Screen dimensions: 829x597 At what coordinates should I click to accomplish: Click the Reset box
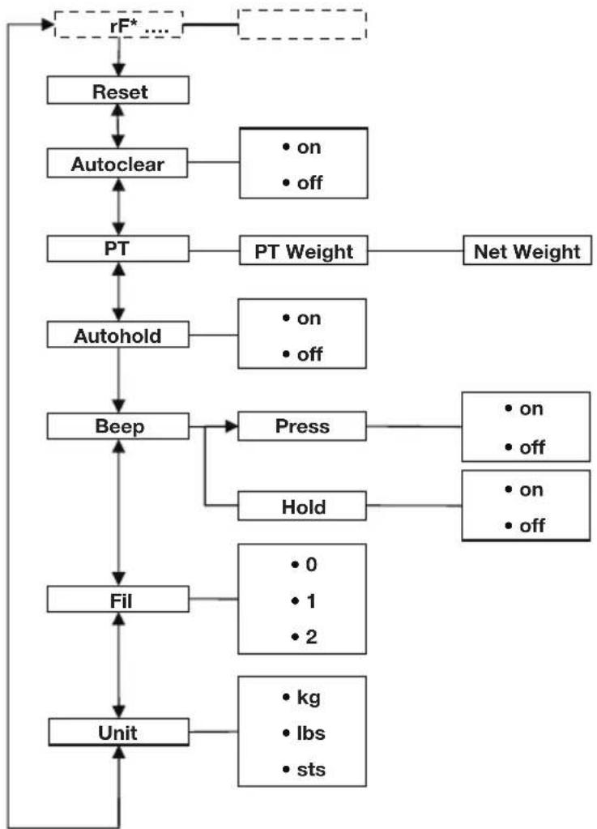pyautogui.click(x=118, y=91)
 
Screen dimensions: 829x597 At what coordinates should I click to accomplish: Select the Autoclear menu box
pyautogui.click(x=118, y=165)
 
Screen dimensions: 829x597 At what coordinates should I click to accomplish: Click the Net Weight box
pyautogui.click(x=527, y=251)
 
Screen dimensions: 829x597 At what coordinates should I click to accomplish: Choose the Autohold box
pyautogui.click(x=118, y=335)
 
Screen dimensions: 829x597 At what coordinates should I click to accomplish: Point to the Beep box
pyautogui.click(x=118, y=426)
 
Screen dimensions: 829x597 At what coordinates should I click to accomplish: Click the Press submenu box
pyautogui.click(x=301, y=426)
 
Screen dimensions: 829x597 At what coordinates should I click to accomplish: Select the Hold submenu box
pyautogui.click(x=301, y=507)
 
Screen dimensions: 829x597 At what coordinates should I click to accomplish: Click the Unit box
pyautogui.click(x=118, y=733)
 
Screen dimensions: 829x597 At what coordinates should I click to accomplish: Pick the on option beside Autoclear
pyautogui.click(x=304, y=147)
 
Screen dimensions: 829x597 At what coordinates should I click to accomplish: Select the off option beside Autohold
pyautogui.click(x=304, y=354)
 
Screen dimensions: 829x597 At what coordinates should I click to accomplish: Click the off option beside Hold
pyautogui.click(x=526, y=525)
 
